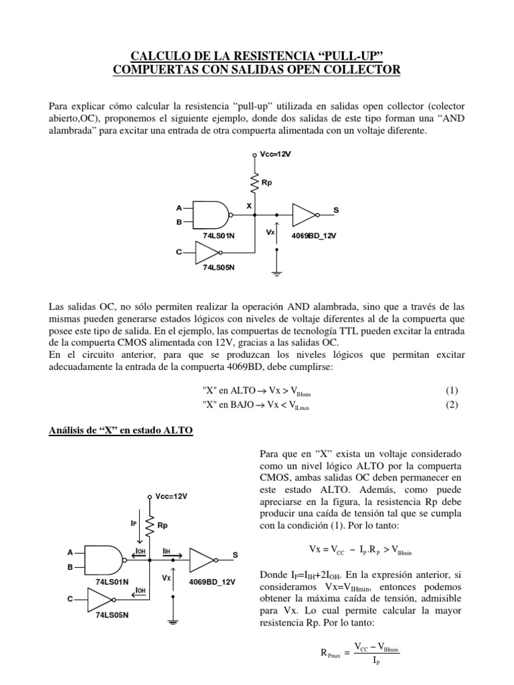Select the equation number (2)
pos(452,405)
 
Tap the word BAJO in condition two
pos(243,405)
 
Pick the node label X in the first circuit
pos(249,206)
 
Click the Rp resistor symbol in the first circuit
pos(255,181)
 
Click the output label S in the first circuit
pos(336,210)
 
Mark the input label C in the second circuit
pos(70,599)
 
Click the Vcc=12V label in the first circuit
pos(276,154)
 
